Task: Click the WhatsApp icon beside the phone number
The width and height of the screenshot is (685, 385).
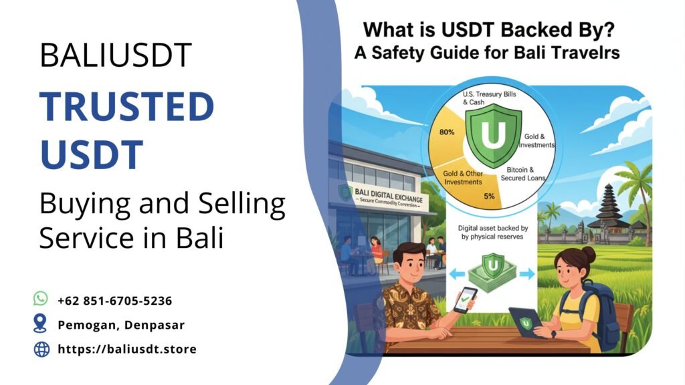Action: [x=41, y=299]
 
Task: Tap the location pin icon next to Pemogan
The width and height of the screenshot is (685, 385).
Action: [x=41, y=324]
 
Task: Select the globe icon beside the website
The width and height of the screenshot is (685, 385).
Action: [x=41, y=348]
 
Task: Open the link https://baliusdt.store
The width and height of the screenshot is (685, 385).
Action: [x=126, y=349]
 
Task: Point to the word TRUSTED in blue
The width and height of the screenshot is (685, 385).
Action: [x=126, y=107]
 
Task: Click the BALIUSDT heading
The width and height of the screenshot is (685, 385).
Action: [x=116, y=55]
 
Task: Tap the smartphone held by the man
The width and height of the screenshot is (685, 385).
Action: [x=466, y=299]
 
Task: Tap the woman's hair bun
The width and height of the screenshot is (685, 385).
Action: [x=589, y=254]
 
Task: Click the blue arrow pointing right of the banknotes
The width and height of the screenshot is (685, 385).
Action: [x=525, y=273]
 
